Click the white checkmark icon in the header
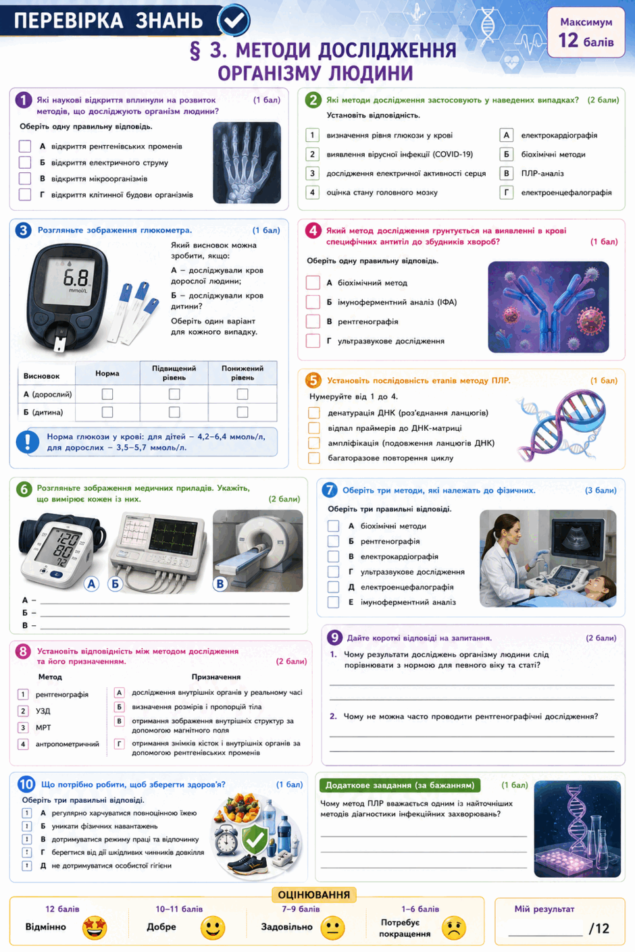(234, 20)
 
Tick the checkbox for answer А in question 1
(25, 147)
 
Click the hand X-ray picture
(247, 162)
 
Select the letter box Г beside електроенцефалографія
(506, 192)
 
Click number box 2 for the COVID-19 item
(312, 154)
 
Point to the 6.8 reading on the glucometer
(76, 278)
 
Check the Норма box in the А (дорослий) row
(107, 394)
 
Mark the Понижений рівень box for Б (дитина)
(243, 412)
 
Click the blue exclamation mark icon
(28, 442)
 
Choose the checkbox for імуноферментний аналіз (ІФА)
(313, 302)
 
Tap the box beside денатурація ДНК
(314, 413)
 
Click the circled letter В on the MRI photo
(220, 584)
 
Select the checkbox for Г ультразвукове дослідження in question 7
(334, 572)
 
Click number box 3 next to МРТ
(23, 728)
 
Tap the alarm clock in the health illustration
(226, 839)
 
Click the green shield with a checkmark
(255, 837)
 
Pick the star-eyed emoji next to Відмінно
(95, 927)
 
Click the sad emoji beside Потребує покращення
(454, 927)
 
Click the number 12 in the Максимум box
(568, 41)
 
